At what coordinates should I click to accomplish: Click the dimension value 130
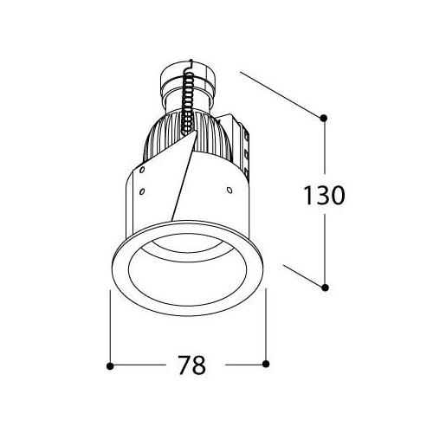tap(325, 196)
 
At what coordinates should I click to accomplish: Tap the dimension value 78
tap(191, 365)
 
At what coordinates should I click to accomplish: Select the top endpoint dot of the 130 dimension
tap(324, 118)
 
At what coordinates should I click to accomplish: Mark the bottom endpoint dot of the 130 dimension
tap(325, 288)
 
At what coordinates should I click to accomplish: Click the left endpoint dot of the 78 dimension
tap(110, 366)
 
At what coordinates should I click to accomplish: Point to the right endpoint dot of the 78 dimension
tap(266, 364)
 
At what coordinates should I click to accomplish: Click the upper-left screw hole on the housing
tap(142, 170)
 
